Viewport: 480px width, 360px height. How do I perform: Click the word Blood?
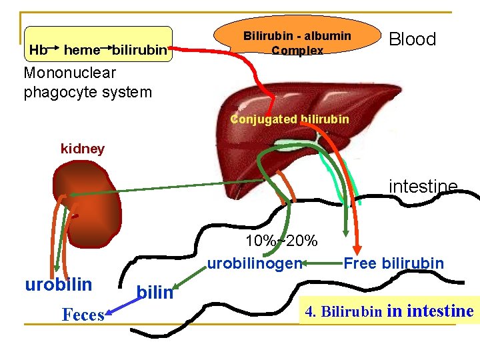412,39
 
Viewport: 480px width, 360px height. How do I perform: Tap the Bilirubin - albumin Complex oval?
297,42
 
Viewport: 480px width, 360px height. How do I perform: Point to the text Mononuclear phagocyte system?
88,83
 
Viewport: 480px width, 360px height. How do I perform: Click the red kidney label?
83,149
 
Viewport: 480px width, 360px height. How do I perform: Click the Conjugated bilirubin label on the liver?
289,119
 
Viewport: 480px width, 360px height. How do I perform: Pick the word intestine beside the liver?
423,186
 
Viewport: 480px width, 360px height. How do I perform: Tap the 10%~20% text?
281,241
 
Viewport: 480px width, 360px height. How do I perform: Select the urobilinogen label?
255,263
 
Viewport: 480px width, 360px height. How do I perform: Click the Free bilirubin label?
393,263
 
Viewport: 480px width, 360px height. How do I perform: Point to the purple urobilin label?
59,285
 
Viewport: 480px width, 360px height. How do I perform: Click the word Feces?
83,315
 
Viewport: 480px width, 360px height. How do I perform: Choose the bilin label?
154,292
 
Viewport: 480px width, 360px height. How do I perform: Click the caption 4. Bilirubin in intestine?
389,311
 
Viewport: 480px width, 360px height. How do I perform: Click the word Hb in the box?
38,50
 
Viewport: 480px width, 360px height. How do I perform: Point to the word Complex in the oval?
297,51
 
